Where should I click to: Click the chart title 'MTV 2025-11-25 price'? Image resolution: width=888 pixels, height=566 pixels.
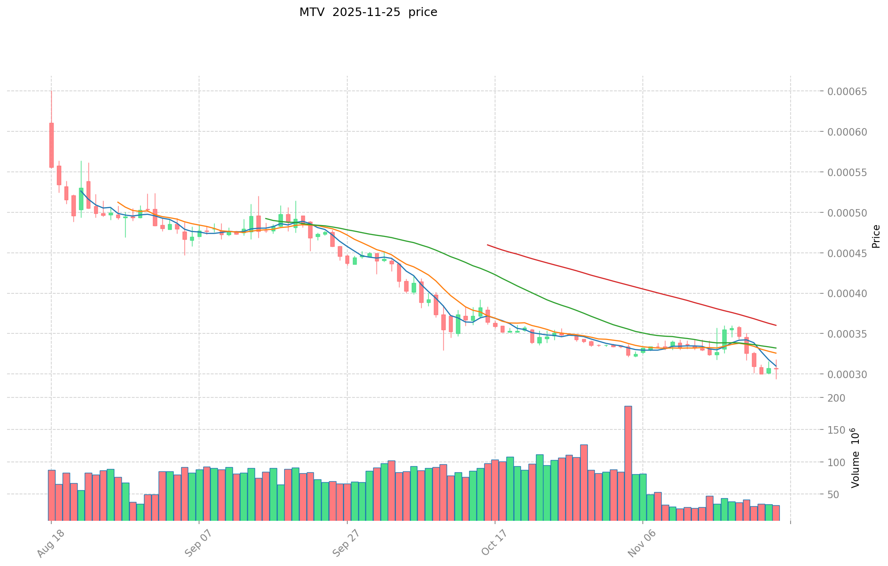point(368,12)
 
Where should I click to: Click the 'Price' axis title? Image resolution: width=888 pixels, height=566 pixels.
point(876,236)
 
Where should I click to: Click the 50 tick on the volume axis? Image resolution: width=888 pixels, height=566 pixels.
point(840,494)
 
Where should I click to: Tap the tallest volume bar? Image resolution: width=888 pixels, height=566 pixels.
point(628,463)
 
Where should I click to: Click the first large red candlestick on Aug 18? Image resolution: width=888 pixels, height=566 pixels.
point(51,145)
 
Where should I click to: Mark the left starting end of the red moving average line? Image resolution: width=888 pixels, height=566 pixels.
point(488,245)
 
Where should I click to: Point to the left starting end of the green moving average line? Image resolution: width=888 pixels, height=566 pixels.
point(266,218)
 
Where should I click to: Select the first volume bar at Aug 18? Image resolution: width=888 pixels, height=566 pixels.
point(51,495)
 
